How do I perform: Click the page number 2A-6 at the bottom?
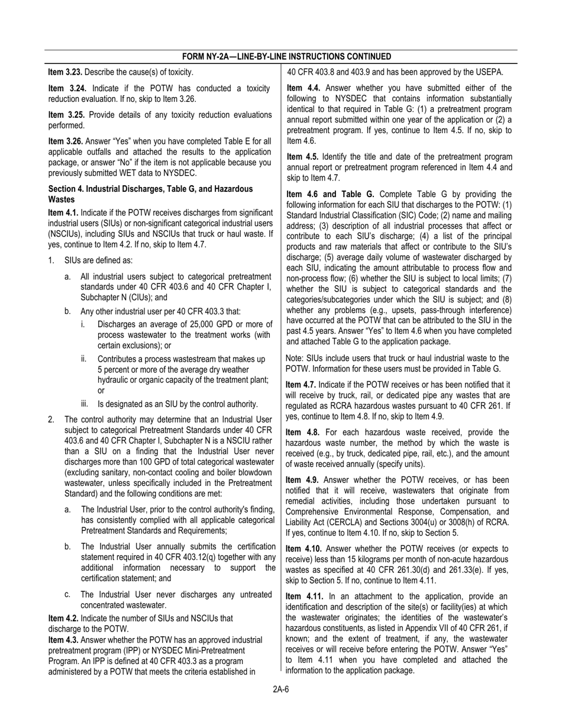pyautogui.click(x=281, y=688)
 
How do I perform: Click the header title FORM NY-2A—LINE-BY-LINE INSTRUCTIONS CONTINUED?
pyautogui.click(x=286, y=57)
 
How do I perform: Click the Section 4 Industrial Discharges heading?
pyautogui.click(x=150, y=194)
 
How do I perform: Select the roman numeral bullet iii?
pyautogui.click(x=85, y=404)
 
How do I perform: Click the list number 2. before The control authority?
pyautogui.click(x=51, y=420)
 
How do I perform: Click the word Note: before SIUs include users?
pyautogui.click(x=295, y=358)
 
